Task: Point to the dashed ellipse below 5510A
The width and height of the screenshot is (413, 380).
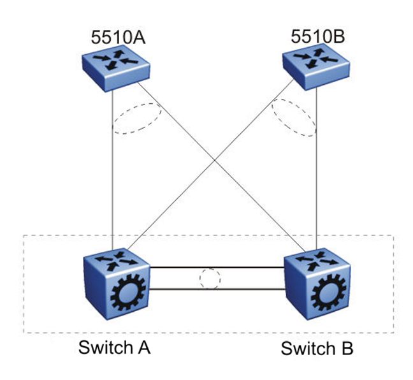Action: (x=136, y=118)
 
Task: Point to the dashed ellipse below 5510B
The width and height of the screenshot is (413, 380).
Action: (x=294, y=118)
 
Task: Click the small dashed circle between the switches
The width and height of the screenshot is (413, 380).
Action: (x=210, y=279)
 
